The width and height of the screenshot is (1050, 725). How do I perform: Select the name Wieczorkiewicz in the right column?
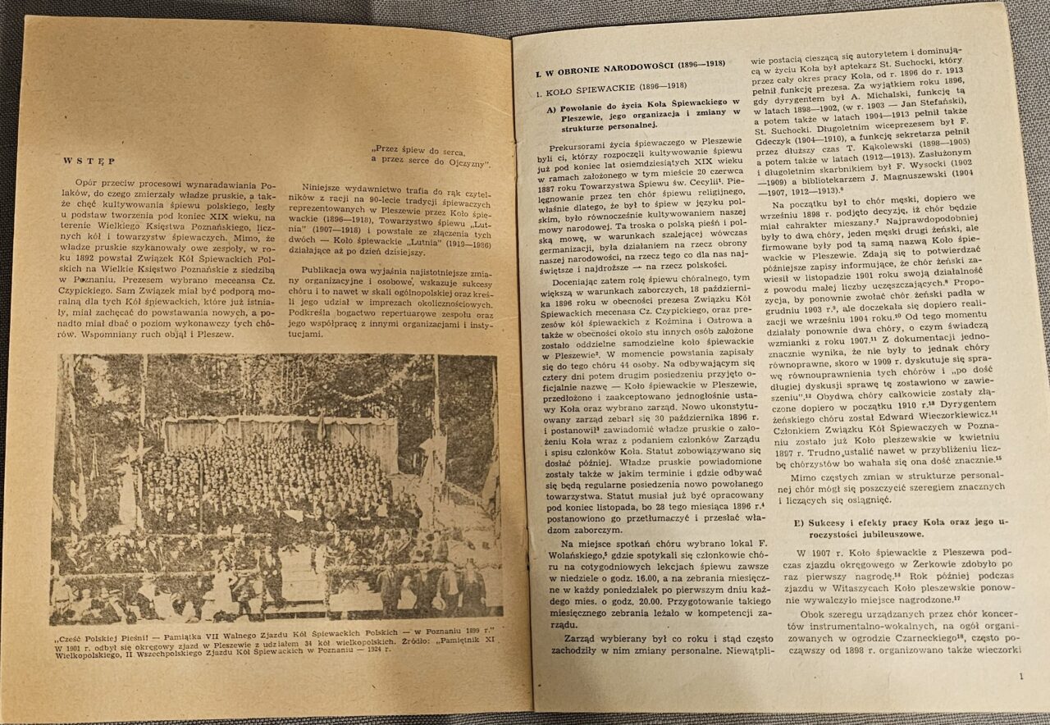(943, 413)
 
